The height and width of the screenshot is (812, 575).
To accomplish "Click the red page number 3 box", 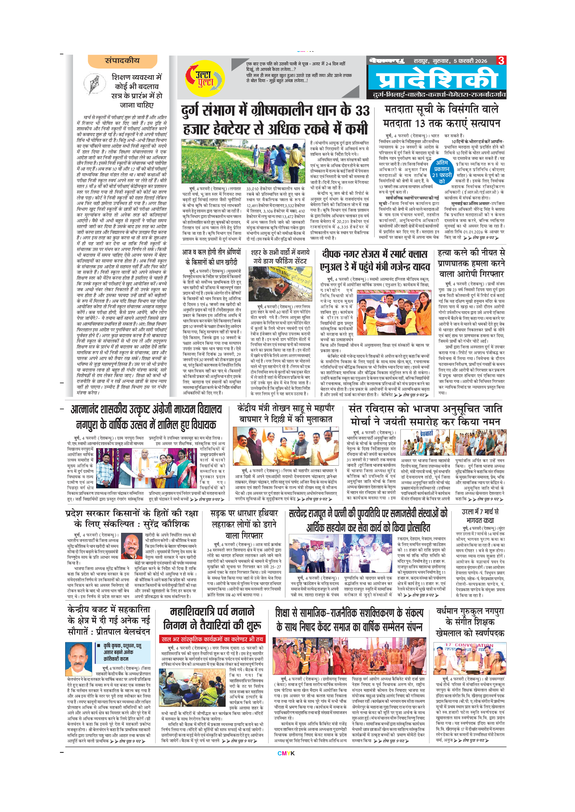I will point(501,60).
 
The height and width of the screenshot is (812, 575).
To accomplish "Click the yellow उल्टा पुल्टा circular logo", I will point(205,78).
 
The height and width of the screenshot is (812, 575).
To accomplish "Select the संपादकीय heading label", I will point(122,61).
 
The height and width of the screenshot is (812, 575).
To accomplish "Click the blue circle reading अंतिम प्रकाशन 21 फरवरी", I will point(441,172).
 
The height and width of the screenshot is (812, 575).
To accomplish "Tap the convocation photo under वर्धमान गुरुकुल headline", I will point(470,658).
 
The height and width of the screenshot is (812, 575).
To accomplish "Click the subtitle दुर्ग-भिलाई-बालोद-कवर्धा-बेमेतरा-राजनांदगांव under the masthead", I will point(439,95).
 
